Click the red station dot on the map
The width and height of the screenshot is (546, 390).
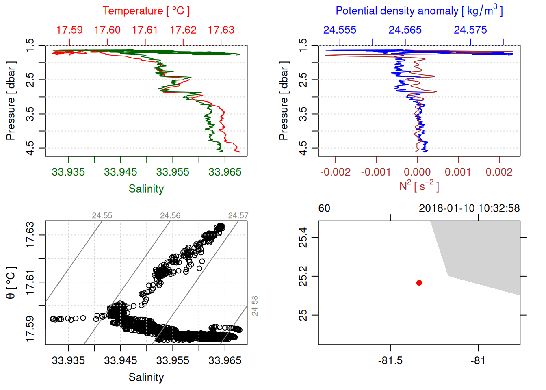(x=419, y=283)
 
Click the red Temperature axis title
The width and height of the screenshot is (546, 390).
(x=146, y=11)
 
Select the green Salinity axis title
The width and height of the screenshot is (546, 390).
(x=146, y=189)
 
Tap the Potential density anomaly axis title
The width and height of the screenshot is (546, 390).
(x=419, y=11)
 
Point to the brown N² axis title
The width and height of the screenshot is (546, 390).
(x=419, y=186)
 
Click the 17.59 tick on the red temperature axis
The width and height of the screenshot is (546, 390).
(x=69, y=30)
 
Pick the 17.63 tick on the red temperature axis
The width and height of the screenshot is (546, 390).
(x=221, y=30)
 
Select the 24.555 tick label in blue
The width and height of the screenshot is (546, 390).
(x=340, y=30)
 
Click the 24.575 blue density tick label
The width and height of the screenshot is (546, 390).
(x=470, y=30)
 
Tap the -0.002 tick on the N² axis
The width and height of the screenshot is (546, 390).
(x=335, y=172)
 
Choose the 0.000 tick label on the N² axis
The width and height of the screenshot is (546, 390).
(x=417, y=172)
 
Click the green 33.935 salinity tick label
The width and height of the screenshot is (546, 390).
(x=68, y=172)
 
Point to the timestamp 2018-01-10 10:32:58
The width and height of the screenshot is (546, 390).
(x=469, y=208)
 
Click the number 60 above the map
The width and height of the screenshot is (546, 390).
(x=324, y=208)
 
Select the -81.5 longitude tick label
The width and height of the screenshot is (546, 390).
(x=390, y=360)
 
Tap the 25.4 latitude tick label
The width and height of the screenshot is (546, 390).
(x=303, y=237)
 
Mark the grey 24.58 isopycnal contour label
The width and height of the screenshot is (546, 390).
(x=254, y=305)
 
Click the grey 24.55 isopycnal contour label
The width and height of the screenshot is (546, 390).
(x=102, y=215)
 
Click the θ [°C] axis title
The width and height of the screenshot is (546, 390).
(x=11, y=282)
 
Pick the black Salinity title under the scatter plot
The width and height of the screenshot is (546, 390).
(x=146, y=377)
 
